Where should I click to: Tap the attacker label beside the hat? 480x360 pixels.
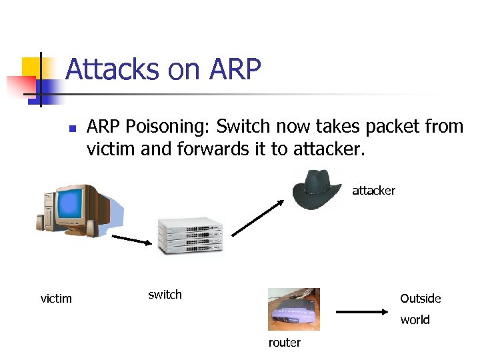pyautogui.click(x=373, y=191)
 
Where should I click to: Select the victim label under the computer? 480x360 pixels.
pyautogui.click(x=56, y=298)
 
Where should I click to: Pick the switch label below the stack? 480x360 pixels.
pyautogui.click(x=165, y=295)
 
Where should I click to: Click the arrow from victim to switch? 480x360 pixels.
pyautogui.click(x=132, y=241)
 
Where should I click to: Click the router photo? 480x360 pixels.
pyautogui.click(x=293, y=309)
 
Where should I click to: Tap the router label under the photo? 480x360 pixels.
pyautogui.click(x=285, y=343)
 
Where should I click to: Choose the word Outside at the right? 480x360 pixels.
pyautogui.click(x=420, y=298)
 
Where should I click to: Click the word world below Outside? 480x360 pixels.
pyautogui.click(x=415, y=319)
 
